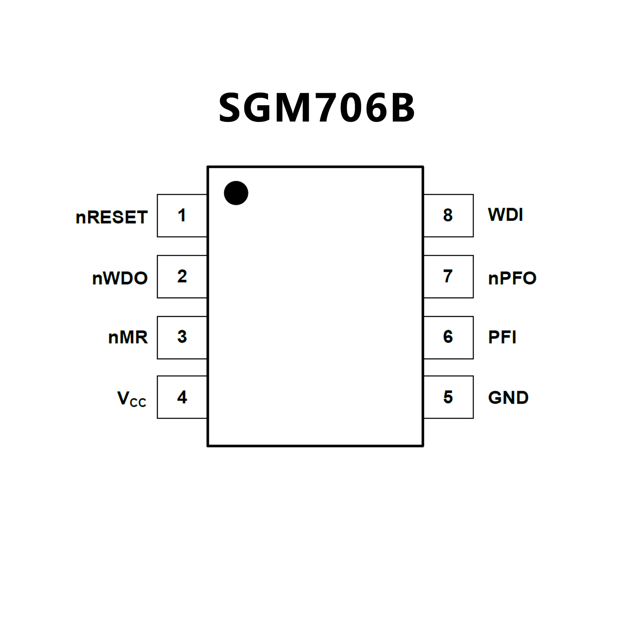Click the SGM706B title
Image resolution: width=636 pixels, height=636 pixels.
click(x=317, y=108)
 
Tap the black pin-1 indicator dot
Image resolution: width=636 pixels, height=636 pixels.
click(x=236, y=193)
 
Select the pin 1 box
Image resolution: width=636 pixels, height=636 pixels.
click(x=182, y=215)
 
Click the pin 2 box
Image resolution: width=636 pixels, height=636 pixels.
click(x=182, y=276)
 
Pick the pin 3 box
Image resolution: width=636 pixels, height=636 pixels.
click(x=182, y=337)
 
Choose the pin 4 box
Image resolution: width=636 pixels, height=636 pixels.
click(x=182, y=397)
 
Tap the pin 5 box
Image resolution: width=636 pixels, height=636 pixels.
click(x=448, y=397)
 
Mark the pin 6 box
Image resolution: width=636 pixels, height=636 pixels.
click(x=448, y=337)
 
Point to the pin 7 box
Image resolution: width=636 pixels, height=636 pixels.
click(x=448, y=276)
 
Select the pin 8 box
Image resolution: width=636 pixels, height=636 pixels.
click(x=448, y=215)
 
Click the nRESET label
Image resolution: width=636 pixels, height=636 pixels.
click(x=111, y=217)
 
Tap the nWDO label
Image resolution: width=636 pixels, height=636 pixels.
click(x=120, y=278)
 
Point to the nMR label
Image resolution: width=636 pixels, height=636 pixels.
click(x=128, y=337)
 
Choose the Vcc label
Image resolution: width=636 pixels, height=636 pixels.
click(x=132, y=399)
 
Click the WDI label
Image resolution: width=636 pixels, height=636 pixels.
click(x=505, y=215)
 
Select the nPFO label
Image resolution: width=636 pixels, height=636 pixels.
click(x=512, y=278)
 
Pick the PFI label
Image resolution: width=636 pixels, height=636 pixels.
click(x=502, y=337)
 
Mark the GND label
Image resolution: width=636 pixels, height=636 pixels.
click(x=508, y=398)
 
